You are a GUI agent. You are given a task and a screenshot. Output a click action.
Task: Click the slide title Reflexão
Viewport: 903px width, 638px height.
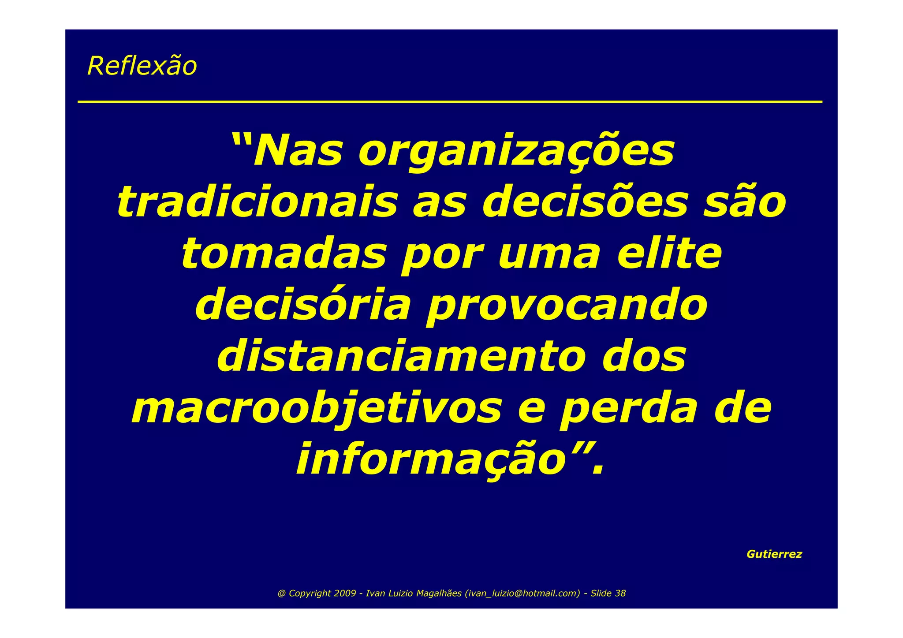(x=142, y=66)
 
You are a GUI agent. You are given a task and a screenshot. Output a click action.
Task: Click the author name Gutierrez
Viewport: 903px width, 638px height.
(x=774, y=554)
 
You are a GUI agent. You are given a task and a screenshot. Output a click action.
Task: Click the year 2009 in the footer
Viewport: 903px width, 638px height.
(x=345, y=593)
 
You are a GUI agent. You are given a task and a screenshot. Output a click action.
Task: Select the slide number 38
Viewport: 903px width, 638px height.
(x=620, y=593)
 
